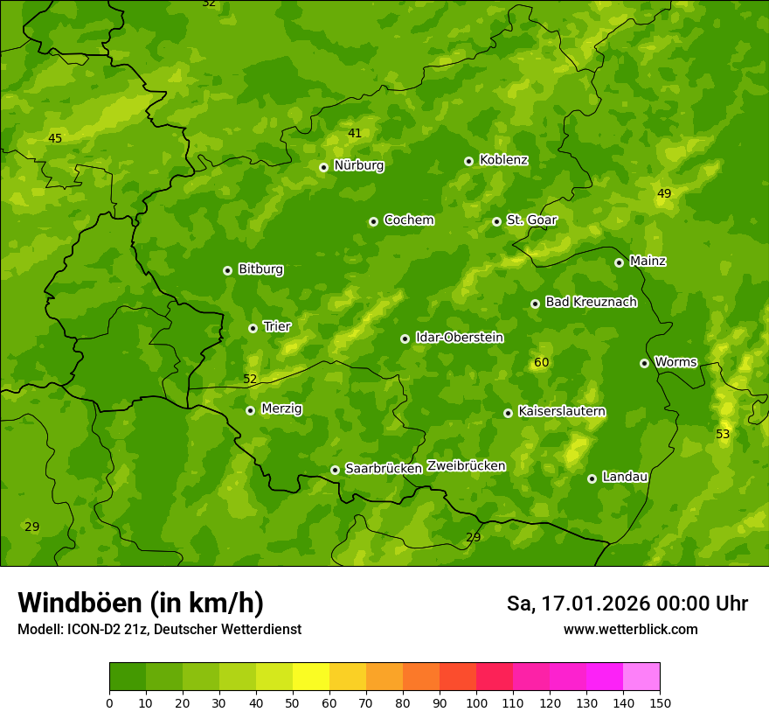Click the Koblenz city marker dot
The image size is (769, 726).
pyautogui.click(x=469, y=161)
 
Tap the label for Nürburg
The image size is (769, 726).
pyautogui.click(x=358, y=165)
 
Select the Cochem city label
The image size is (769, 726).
pyautogui.click(x=408, y=220)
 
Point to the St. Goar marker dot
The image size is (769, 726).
pyautogui.click(x=496, y=221)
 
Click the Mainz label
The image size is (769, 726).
pyautogui.click(x=648, y=262)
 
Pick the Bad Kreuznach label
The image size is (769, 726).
pyautogui.click(x=591, y=303)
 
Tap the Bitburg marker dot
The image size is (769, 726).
pyautogui.click(x=228, y=270)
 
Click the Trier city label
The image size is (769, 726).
pyautogui.click(x=277, y=327)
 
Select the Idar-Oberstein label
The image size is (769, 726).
pyautogui.click(x=459, y=338)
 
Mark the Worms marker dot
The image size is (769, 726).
pyautogui.click(x=645, y=363)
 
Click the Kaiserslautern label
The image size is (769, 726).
pyautogui.click(x=562, y=412)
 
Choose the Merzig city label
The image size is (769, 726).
pyautogui.click(x=281, y=409)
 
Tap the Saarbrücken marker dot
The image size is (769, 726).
pyautogui.click(x=335, y=470)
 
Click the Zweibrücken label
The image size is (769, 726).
pyautogui.click(x=467, y=466)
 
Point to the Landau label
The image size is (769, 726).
pyautogui.click(x=625, y=478)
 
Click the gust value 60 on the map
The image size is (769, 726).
pyautogui.click(x=542, y=363)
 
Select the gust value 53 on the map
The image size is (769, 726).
pyautogui.click(x=723, y=435)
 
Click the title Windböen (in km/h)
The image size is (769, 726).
pyautogui.click(x=141, y=603)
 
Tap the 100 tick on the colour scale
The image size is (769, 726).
pyautogui.click(x=476, y=702)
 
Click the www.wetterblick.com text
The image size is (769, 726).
pyautogui.click(x=630, y=630)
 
